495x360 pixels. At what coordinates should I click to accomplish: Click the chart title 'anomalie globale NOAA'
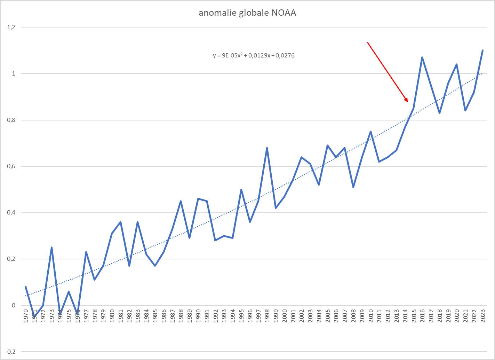(247, 13)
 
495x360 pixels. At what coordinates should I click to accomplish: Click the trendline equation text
(254, 55)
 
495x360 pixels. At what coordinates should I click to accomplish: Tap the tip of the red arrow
(407, 102)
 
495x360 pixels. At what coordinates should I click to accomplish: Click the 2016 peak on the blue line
(422, 57)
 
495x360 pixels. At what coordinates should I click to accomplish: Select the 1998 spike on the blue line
(267, 148)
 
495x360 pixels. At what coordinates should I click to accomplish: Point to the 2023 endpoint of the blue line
(482, 50)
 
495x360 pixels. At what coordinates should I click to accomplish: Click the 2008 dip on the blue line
(353, 187)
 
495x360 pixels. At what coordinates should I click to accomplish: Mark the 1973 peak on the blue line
(51, 248)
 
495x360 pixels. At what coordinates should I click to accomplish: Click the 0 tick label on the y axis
(14, 305)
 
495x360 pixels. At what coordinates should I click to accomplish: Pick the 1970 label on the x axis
(26, 316)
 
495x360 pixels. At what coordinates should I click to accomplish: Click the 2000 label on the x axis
(285, 316)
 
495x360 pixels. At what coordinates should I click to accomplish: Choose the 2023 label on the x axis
(483, 316)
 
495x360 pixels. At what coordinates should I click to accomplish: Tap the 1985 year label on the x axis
(155, 316)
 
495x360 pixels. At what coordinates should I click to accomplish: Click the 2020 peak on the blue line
(456, 64)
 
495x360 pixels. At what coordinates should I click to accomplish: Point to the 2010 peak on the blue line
(370, 132)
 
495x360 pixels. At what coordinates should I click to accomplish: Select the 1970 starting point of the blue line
(26, 287)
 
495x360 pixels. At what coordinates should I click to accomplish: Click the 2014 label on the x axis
(405, 316)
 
